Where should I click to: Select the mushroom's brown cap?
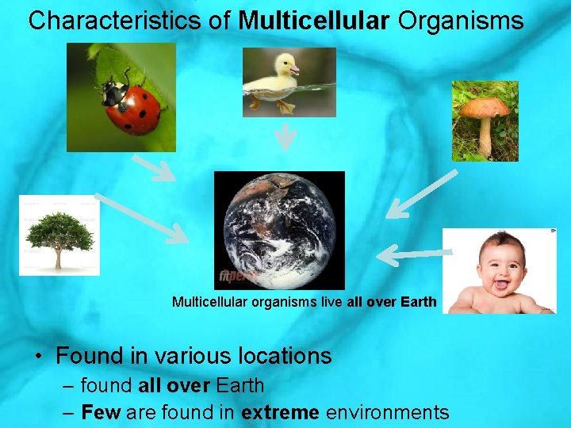coord(485,108)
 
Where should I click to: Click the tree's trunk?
coord(59,257)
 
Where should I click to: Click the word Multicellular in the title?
coord(314,21)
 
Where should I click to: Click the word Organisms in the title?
coord(461,21)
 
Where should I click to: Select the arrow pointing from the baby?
coord(409,254)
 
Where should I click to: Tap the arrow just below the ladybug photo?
coord(154,168)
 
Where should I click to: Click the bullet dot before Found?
coord(37,357)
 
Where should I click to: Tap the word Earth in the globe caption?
coord(419,302)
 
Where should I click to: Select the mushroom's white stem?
coord(484,137)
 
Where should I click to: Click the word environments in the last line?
coord(387,412)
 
